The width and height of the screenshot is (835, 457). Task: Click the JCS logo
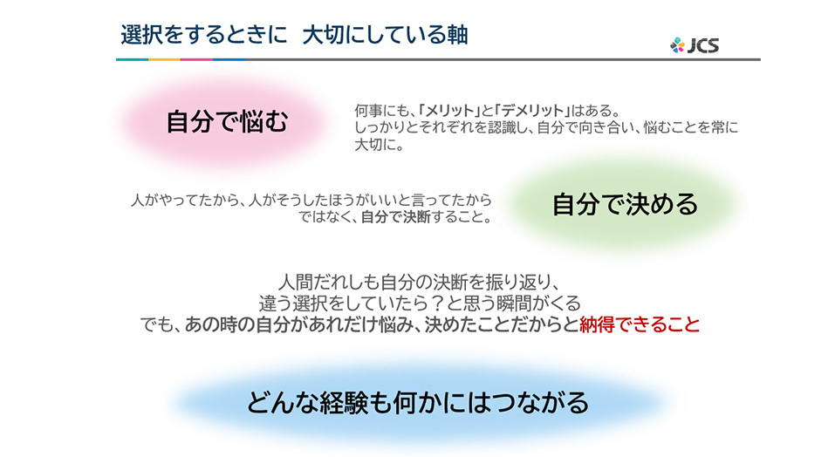click(695, 45)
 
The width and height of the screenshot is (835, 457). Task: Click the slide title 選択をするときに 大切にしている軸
click(295, 35)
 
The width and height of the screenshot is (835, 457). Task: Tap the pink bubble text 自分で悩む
click(228, 122)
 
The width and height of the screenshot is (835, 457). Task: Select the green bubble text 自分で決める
click(625, 204)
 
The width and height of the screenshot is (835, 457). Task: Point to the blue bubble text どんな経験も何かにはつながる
click(417, 402)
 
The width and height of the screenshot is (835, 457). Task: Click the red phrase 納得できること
click(640, 324)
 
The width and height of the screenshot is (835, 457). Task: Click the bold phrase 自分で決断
click(395, 217)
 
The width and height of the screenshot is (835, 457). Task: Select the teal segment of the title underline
click(132, 59)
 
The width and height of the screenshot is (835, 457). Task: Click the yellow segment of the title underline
click(165, 59)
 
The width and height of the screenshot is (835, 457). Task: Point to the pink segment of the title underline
click(196, 59)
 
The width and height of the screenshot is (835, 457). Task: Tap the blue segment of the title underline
click(229, 59)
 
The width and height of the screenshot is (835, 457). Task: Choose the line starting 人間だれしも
click(419, 282)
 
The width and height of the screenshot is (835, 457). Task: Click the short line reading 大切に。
click(380, 144)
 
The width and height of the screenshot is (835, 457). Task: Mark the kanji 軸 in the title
click(457, 35)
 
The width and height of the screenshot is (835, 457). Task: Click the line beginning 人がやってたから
click(311, 200)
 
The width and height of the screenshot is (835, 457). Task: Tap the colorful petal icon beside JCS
click(677, 45)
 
